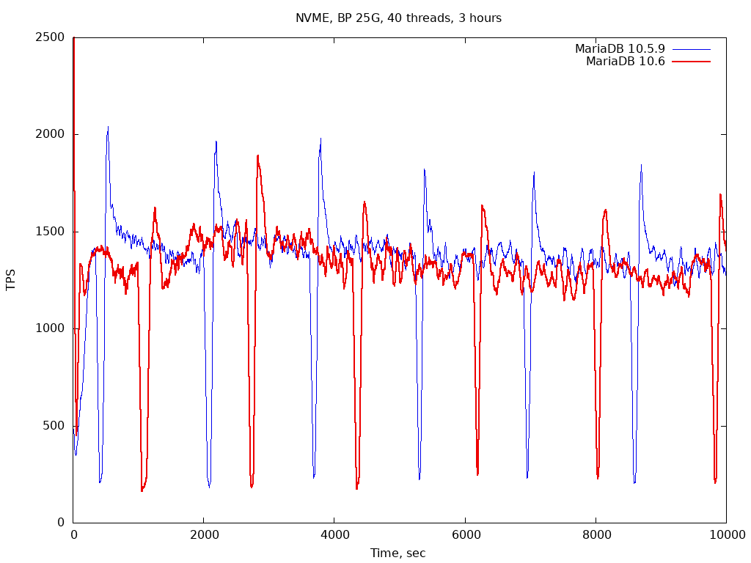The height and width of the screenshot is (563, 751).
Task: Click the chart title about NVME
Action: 398,18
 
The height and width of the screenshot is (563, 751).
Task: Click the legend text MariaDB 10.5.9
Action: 620,49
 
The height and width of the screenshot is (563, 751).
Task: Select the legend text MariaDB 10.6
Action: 625,62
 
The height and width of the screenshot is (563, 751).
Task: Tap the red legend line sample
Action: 691,62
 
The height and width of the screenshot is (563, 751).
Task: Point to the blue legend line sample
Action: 691,49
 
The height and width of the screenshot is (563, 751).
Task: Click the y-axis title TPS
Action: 11,279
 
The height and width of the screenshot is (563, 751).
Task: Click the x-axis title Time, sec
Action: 398,553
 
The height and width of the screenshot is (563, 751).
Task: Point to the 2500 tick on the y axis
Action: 50,37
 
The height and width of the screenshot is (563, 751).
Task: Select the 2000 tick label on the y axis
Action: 50,134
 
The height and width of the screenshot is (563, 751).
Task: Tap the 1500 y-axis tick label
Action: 50,232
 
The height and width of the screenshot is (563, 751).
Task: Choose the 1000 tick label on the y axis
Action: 50,328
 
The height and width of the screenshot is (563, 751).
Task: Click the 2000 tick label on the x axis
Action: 204,535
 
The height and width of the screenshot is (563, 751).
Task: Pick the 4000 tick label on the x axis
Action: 334,535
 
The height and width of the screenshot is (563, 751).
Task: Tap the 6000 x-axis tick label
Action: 465,535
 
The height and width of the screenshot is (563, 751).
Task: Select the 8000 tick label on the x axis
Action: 596,535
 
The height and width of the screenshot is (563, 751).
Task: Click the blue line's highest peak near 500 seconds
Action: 108,128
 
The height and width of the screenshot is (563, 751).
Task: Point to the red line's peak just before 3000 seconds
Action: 257,155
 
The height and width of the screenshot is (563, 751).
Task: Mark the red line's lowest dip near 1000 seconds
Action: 142,490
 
